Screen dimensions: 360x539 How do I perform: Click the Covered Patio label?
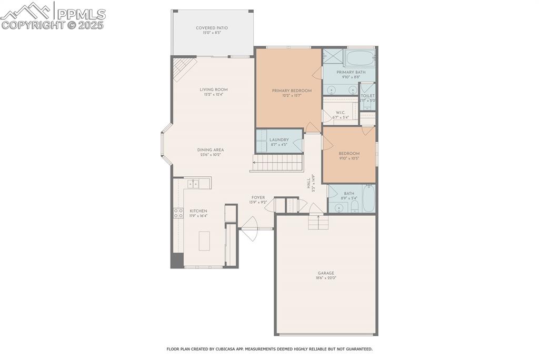(212, 28)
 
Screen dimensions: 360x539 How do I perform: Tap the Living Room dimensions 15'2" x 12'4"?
(214, 95)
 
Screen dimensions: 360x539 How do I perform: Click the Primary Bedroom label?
(292, 91)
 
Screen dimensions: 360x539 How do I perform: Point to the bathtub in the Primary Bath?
(360, 57)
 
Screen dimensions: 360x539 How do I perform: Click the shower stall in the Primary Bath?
(333, 56)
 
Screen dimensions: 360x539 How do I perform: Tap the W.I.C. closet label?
(340, 112)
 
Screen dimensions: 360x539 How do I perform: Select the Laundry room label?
(279, 139)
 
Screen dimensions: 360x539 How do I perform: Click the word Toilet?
(367, 96)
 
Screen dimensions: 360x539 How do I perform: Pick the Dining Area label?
(211, 150)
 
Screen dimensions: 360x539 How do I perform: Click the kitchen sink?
(194, 183)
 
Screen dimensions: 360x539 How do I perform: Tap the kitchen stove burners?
(178, 213)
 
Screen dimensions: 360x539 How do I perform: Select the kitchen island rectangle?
(204, 241)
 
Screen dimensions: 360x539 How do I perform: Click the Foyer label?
(258, 197)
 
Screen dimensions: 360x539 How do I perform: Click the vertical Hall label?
(309, 183)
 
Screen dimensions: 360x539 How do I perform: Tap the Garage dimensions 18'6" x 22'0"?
(326, 278)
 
